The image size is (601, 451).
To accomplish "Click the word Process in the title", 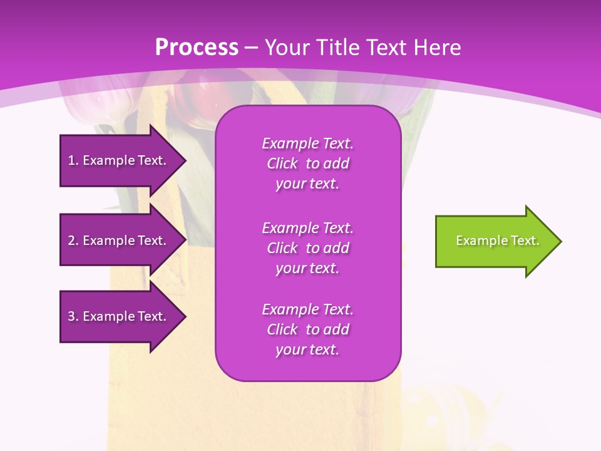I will coord(197,48).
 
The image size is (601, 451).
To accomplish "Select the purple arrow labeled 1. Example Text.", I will coord(119,160).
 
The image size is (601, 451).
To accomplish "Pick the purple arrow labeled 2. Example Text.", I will coord(119,241).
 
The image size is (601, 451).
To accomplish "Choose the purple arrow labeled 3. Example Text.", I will coord(119,316).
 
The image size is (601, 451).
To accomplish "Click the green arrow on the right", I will coord(495,241).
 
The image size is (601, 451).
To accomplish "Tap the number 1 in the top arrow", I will coord(71,160).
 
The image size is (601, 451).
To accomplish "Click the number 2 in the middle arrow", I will coord(71,241).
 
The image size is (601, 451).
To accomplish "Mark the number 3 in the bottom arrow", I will coord(71,316).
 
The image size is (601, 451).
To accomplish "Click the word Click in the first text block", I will coord(282,164).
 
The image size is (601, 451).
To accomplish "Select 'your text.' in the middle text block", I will coord(307,268).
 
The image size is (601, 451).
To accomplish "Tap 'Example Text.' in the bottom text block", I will coord(307,309).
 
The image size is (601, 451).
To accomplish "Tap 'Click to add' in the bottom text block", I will coord(307,329).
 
